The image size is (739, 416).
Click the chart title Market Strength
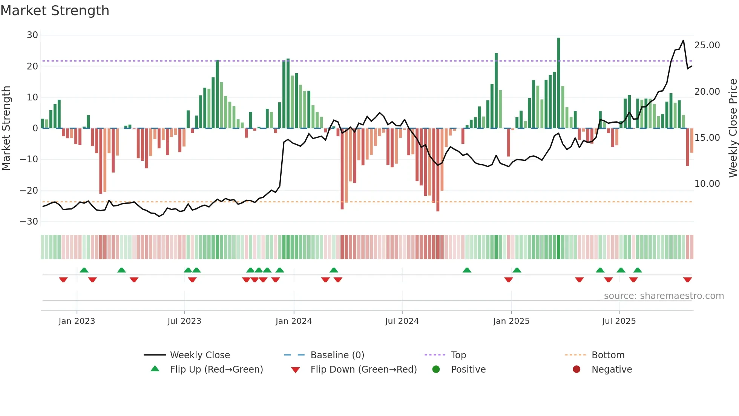[55, 11]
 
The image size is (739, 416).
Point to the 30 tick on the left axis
[32, 35]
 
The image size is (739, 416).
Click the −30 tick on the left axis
[29, 222]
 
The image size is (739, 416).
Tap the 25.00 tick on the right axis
[707, 45]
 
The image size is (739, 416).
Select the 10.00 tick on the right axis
[707, 184]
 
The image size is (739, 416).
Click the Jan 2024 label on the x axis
[294, 321]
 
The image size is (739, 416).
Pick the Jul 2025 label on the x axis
[619, 321]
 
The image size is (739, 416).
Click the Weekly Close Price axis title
[733, 128]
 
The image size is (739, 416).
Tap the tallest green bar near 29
[558, 83]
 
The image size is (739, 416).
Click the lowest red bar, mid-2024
[438, 170]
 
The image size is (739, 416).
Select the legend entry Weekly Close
[199, 355]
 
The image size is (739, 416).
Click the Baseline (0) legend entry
[337, 355]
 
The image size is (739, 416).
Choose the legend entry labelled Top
[458, 355]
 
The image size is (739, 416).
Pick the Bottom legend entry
[608, 355]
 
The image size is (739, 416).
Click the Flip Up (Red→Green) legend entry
[216, 370]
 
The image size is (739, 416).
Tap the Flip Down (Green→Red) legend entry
[363, 370]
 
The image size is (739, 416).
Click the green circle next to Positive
[436, 370]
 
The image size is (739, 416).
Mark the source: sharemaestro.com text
[664, 296]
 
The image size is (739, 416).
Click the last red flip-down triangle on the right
[687, 280]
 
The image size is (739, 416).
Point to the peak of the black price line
[683, 40]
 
